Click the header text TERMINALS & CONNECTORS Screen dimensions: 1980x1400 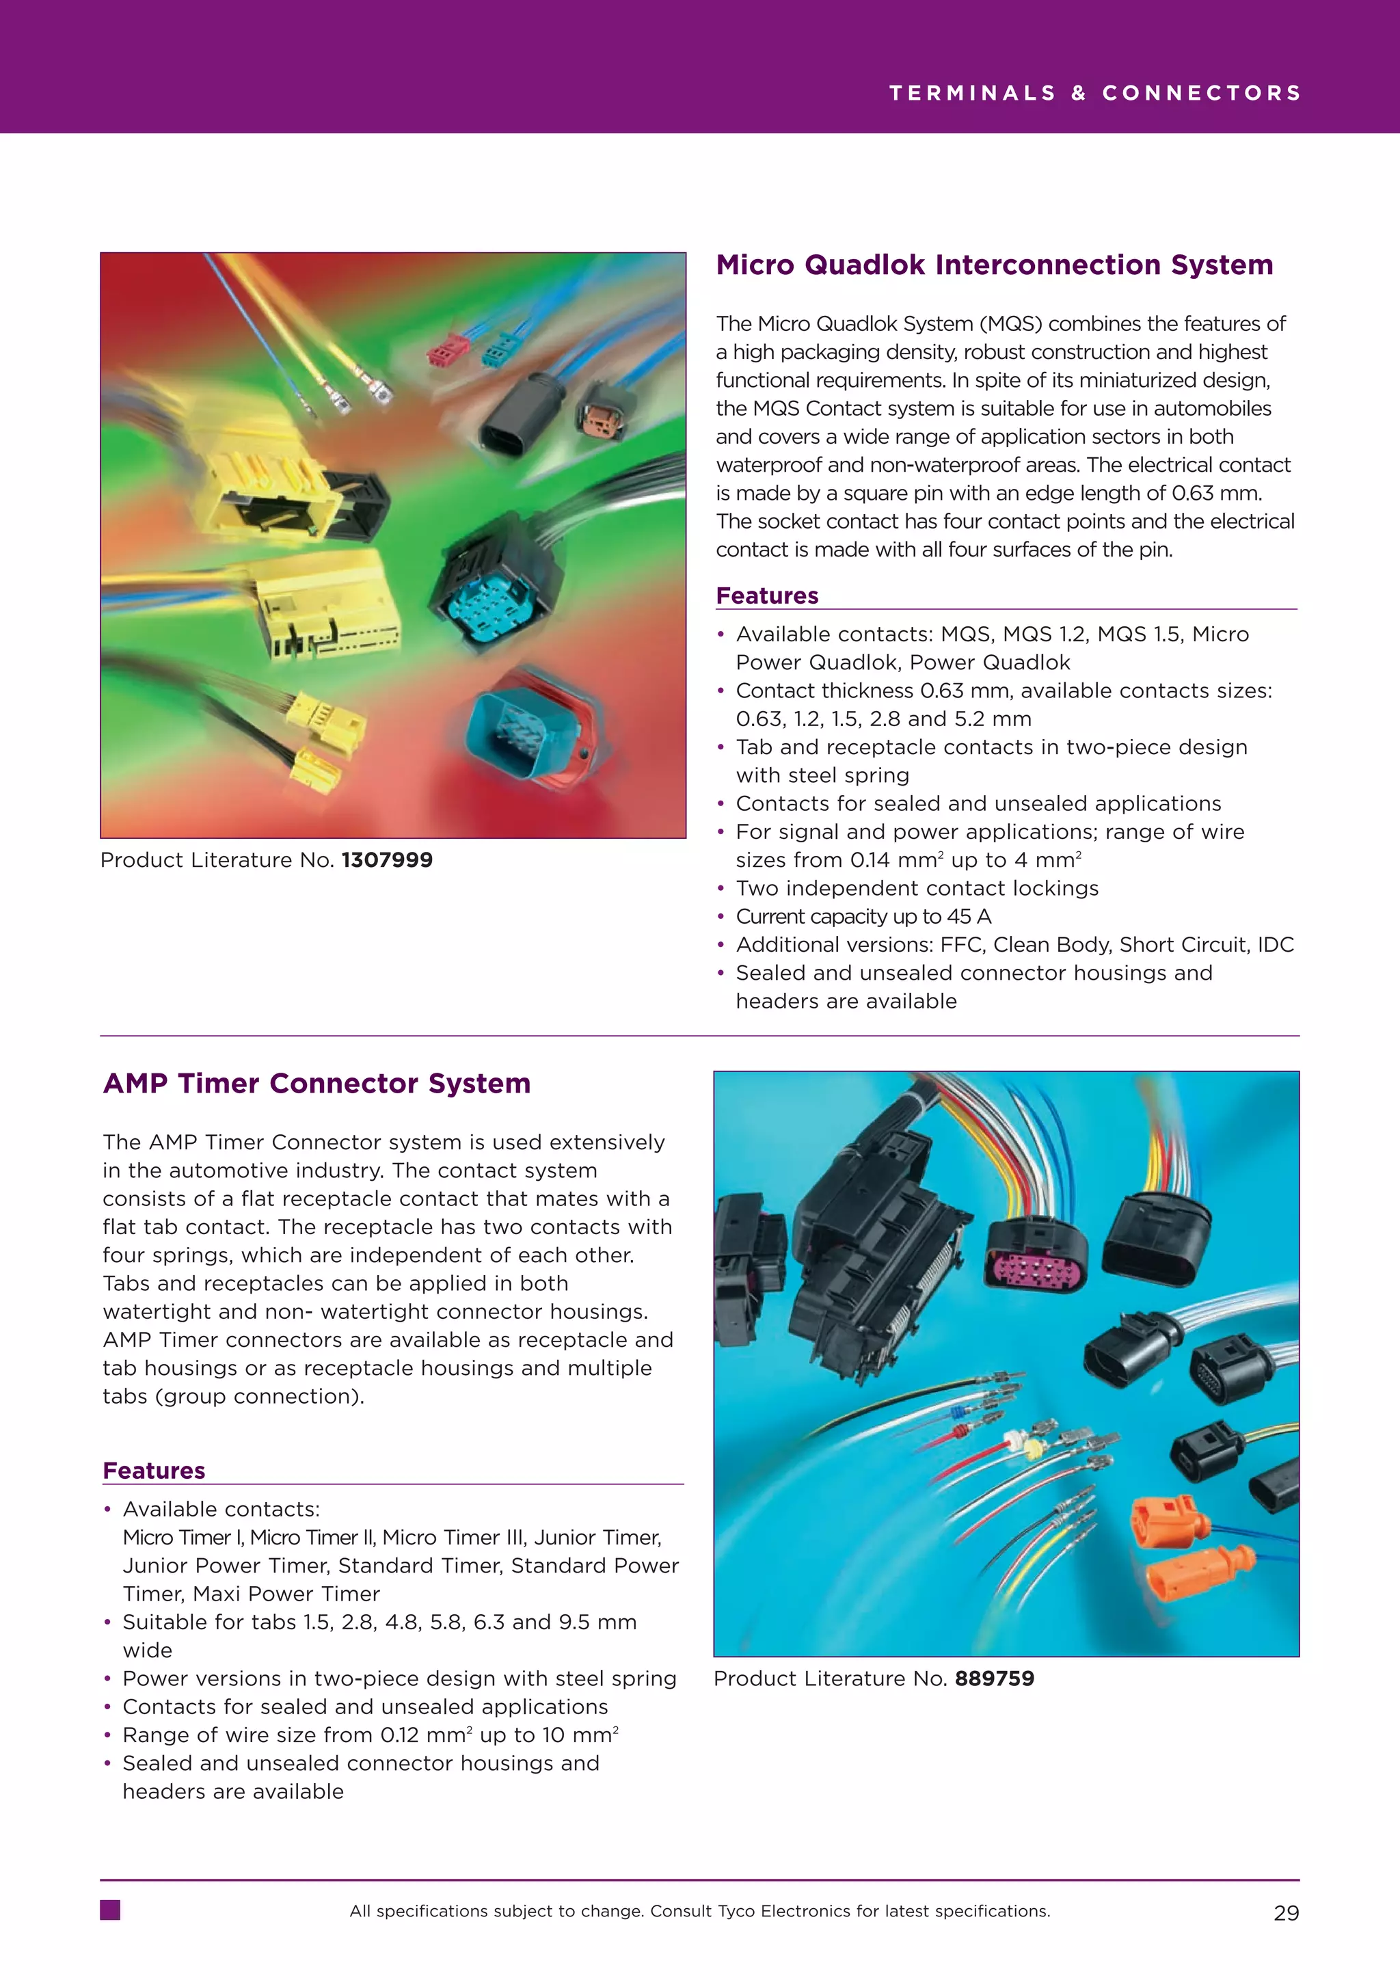pyautogui.click(x=1095, y=93)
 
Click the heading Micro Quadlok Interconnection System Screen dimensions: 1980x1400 pyautogui.click(x=994, y=265)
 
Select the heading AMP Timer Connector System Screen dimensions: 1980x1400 pyautogui.click(x=317, y=1083)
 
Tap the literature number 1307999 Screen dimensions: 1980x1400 pyautogui.click(x=387, y=860)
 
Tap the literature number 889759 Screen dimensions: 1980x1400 pyautogui.click(x=994, y=1678)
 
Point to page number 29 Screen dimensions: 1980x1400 pyautogui.click(x=1285, y=1913)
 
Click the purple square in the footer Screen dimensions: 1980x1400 pyautogui.click(x=110, y=1910)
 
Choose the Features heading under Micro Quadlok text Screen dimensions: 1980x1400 pyautogui.click(x=766, y=596)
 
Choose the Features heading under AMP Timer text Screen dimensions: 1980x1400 pyautogui.click(x=153, y=1471)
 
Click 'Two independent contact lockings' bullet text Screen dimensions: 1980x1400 pyautogui.click(x=917, y=888)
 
